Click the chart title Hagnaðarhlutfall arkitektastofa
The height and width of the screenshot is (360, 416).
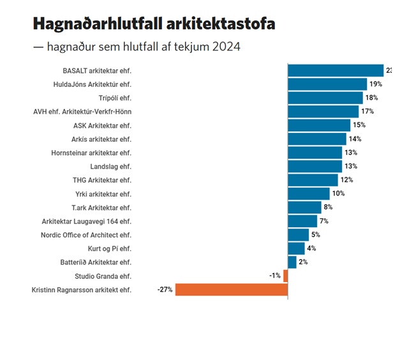tap(154, 24)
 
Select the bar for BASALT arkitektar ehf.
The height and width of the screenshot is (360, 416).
tap(336, 70)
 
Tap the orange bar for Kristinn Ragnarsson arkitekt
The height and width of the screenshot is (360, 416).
tap(232, 290)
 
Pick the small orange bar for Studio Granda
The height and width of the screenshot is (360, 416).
tap(285, 276)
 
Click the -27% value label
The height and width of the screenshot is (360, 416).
tap(165, 290)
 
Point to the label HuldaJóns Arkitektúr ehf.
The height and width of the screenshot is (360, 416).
tap(93, 84)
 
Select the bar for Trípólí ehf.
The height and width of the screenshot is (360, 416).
tap(325, 98)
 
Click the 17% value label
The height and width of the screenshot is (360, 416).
tap(368, 112)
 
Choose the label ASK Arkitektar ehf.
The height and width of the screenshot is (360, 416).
tap(102, 125)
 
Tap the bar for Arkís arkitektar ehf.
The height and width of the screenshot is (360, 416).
tap(317, 139)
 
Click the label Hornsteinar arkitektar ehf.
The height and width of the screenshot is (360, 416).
tap(91, 153)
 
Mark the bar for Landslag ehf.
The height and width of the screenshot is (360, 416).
tap(315, 167)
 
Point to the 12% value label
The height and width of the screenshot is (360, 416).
tap(346, 180)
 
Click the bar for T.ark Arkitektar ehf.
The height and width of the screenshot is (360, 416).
tap(305, 207)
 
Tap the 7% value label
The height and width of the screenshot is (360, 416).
tap(323, 221)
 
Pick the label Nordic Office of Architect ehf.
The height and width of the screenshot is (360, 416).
tap(85, 235)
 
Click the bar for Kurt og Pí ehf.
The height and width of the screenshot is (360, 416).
tap(297, 248)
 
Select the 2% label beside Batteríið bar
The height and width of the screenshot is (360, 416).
tap(303, 262)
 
